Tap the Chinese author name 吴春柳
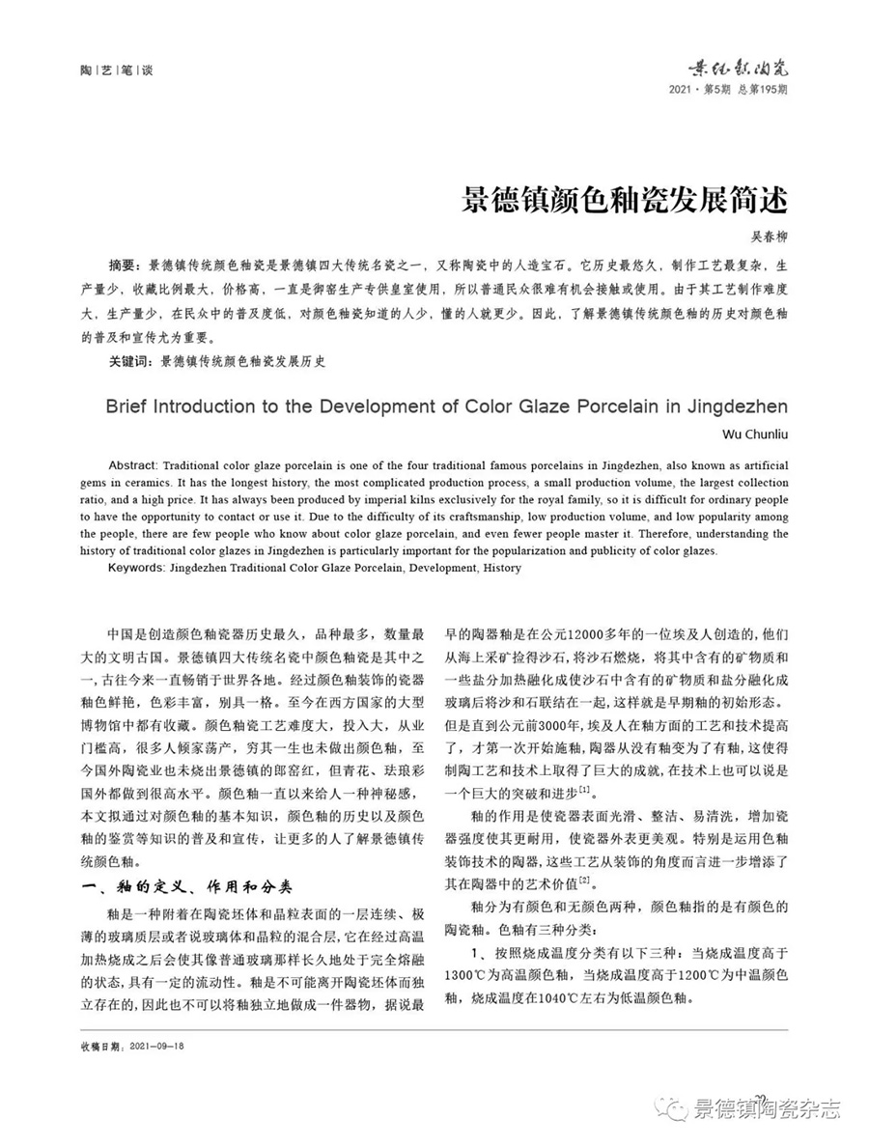(x=769, y=237)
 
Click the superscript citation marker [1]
(x=583, y=790)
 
